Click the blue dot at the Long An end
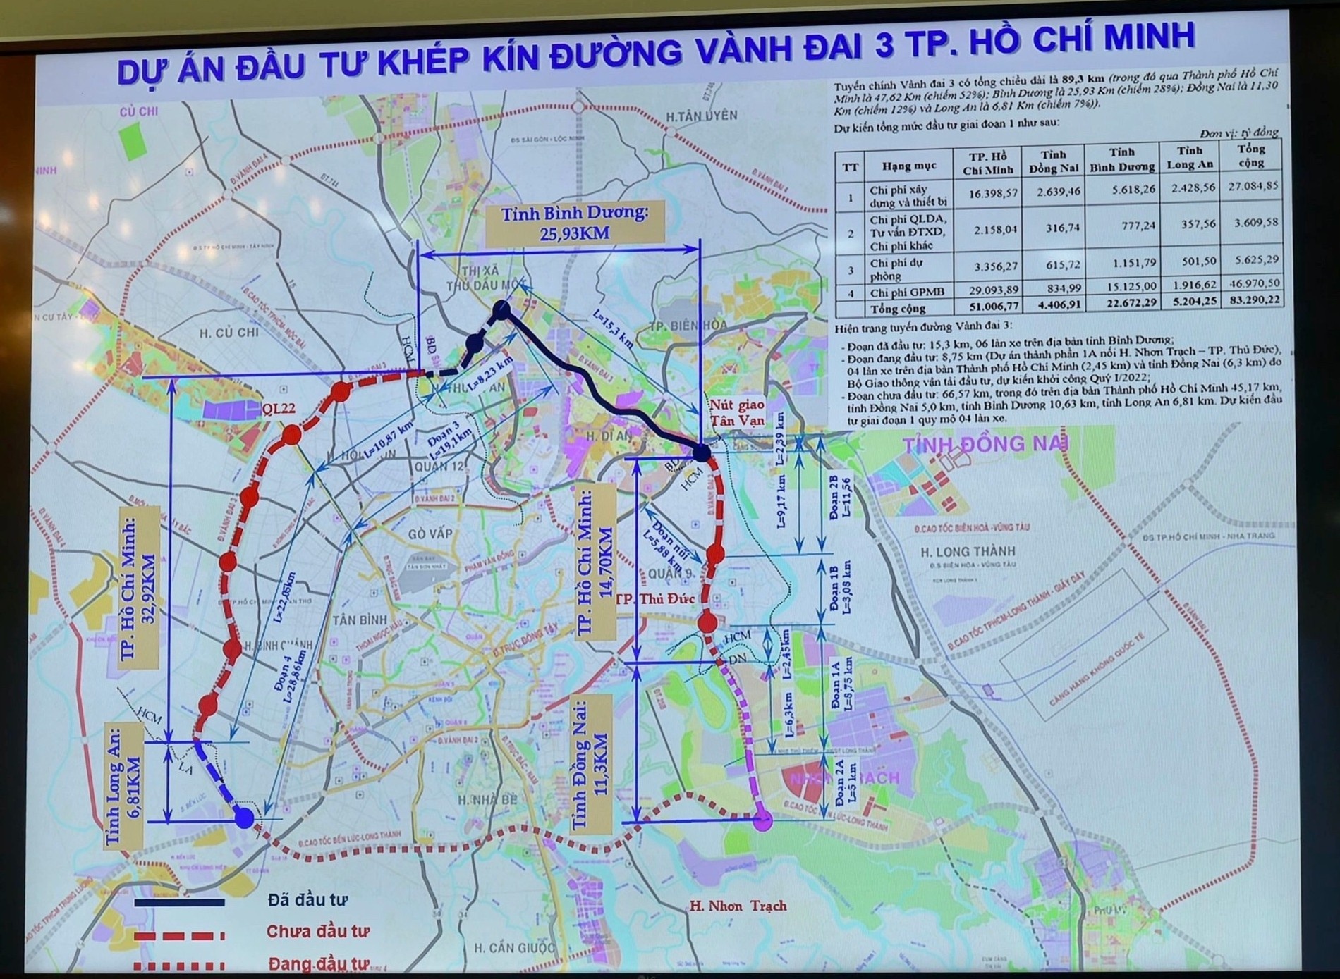244,818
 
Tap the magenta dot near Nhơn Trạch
763,820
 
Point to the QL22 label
278,409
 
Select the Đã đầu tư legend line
180,902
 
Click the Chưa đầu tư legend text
317,932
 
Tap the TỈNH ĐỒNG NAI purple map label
986,444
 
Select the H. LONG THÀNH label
968,551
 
